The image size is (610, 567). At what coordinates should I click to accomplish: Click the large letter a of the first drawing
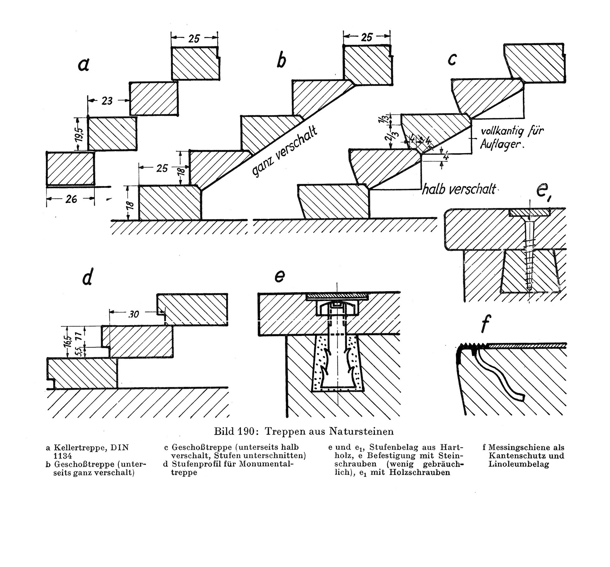pos(84,65)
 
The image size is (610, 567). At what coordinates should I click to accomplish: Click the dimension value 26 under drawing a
pos(71,199)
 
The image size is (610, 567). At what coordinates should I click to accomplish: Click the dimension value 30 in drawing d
pos(134,314)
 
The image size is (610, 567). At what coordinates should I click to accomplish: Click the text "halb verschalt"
pos(458,189)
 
